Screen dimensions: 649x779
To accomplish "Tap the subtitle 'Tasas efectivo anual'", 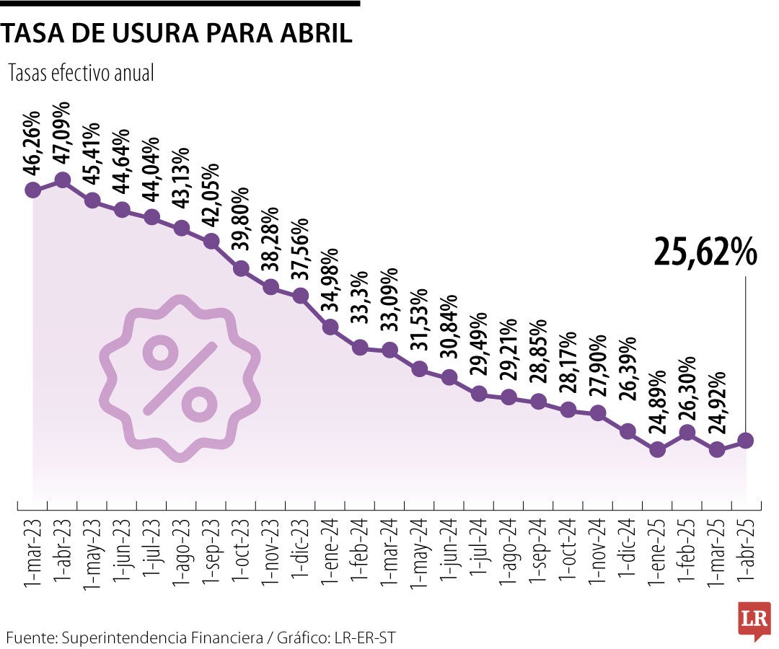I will click(81, 73).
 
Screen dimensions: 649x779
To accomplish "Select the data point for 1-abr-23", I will click(63, 180).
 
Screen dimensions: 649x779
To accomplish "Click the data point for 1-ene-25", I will click(657, 449).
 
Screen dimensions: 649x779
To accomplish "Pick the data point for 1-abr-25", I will click(746, 440).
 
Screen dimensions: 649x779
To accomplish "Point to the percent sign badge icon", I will click(180, 378).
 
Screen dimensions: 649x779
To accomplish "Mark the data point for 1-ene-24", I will click(330, 327).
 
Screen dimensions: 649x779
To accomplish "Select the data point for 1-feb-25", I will click(687, 433).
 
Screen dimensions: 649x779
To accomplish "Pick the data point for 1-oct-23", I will click(242, 269).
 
